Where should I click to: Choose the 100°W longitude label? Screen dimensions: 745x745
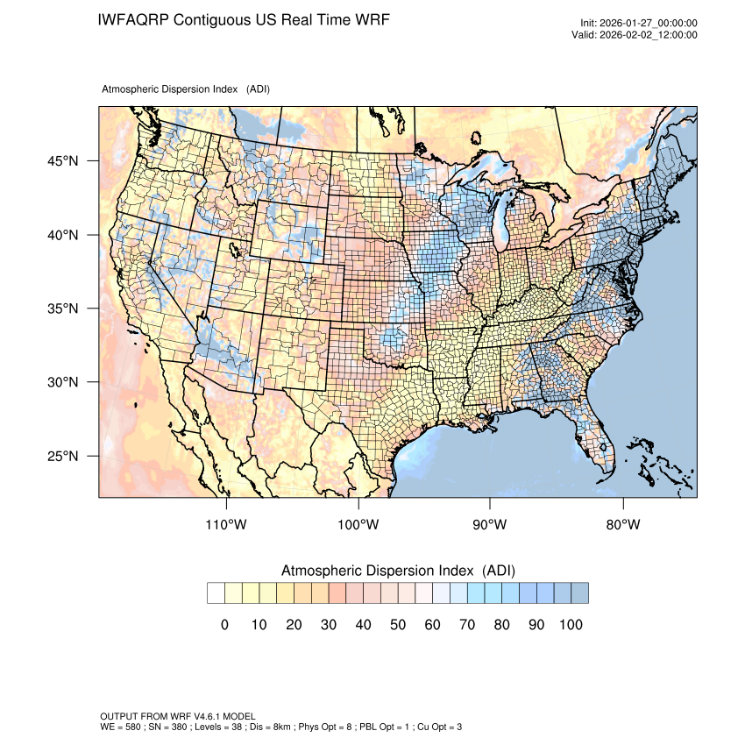pos(358,524)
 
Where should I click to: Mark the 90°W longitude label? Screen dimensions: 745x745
pos(490,524)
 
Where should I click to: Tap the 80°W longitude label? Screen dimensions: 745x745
pos(622,524)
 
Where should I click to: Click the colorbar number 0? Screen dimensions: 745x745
pos(224,624)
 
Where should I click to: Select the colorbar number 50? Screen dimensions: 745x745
pos(397,624)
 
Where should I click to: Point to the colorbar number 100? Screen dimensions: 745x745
pos(570,624)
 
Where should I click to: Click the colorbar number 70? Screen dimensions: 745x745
pos(466,624)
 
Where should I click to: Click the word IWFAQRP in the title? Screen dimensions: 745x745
pos(133,19)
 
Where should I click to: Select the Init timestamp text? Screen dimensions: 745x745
pos(638,24)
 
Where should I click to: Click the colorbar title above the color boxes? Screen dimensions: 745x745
pos(397,571)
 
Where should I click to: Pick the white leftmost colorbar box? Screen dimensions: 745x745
pos(216,593)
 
